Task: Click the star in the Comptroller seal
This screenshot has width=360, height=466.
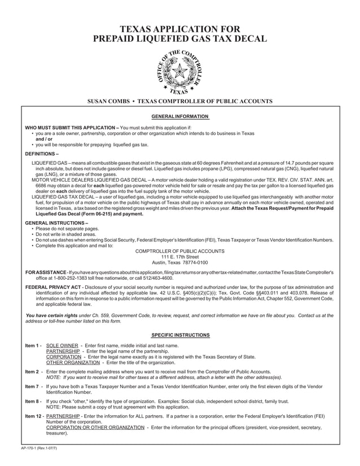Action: (x=180, y=71)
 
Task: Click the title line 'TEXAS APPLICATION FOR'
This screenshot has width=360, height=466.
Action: (x=180, y=29)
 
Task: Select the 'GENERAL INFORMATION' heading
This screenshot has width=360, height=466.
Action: (x=180, y=117)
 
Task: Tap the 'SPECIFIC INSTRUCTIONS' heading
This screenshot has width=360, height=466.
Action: (x=180, y=335)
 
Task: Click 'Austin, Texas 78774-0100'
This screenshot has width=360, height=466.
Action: (x=180, y=262)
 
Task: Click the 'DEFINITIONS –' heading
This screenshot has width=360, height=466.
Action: (x=42, y=153)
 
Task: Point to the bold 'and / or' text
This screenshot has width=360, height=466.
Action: (x=44, y=139)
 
